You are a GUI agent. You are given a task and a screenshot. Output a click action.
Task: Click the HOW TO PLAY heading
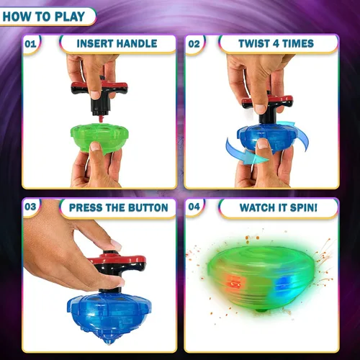tap(44, 17)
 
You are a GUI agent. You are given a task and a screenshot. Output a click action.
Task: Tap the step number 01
tap(30, 44)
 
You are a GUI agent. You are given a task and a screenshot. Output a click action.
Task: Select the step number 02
tap(194, 44)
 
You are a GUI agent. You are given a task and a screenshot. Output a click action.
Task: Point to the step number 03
tap(30, 207)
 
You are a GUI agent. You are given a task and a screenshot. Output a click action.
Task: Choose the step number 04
tap(194, 207)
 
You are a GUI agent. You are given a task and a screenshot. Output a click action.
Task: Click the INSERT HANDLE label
tap(117, 44)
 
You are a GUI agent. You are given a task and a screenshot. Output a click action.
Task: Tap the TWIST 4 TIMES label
tap(276, 44)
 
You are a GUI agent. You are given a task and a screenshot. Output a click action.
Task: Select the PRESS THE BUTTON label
tap(119, 208)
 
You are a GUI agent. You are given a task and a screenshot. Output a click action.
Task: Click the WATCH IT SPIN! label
tap(279, 208)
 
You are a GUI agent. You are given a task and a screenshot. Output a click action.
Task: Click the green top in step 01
tap(99, 138)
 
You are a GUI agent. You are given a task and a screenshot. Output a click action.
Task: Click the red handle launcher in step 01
tap(99, 96)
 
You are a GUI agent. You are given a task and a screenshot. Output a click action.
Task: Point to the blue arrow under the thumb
tap(247, 153)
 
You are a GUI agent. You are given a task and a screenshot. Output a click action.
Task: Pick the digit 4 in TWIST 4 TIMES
tap(276, 44)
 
